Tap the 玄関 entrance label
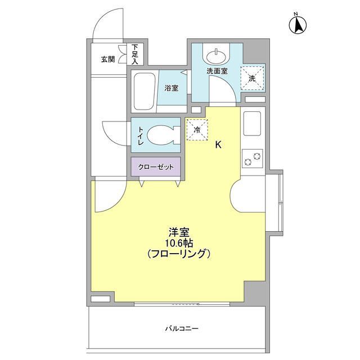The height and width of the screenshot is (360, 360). (x=108, y=59)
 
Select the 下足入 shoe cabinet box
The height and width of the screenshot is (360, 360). (x=136, y=54)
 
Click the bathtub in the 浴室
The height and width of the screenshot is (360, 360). (x=143, y=91)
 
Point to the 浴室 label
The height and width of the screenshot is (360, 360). (x=171, y=88)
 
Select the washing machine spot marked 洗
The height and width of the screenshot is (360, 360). (x=252, y=78)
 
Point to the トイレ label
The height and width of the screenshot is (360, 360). (x=140, y=136)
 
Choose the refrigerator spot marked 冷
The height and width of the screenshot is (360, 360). (x=197, y=129)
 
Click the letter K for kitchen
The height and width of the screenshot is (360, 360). (x=218, y=145)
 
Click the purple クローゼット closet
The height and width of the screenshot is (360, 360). (x=156, y=167)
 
